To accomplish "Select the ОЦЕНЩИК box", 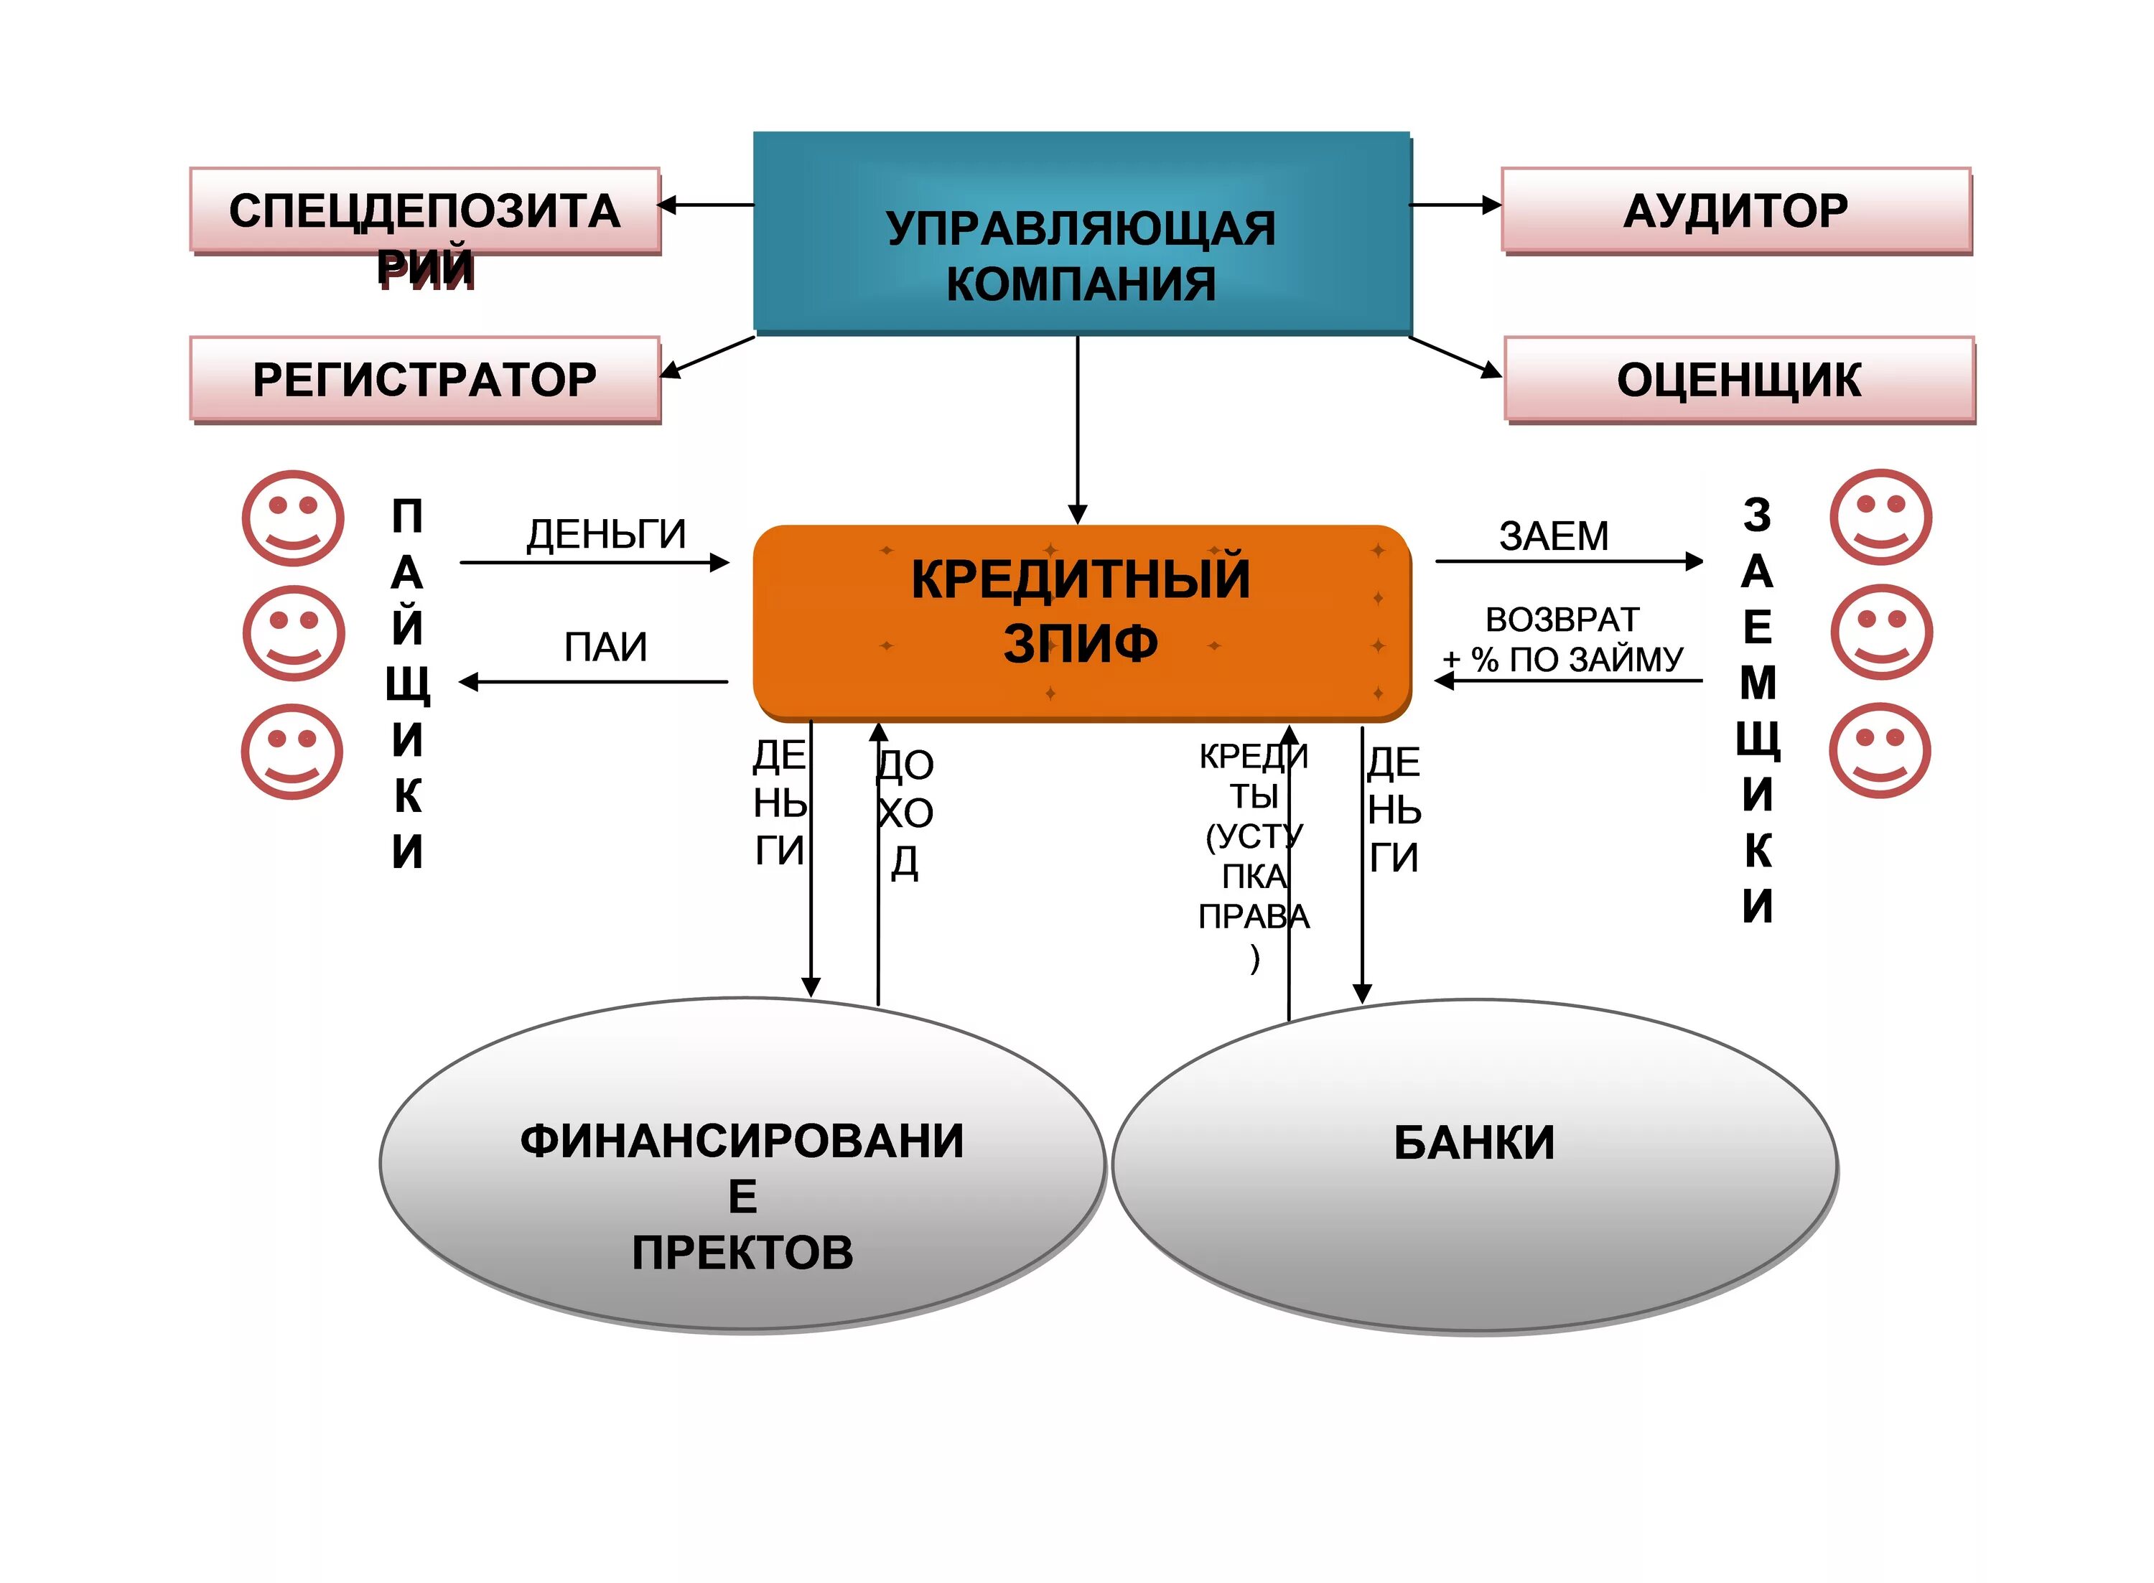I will (x=1738, y=380).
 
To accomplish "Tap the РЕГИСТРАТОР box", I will (x=424, y=380).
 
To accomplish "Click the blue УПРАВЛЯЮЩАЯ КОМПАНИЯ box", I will (x=1081, y=233).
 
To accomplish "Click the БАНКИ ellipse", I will (x=1473, y=1164).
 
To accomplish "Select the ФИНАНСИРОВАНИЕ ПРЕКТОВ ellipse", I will (x=742, y=1164).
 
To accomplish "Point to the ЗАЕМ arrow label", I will (x=1553, y=536).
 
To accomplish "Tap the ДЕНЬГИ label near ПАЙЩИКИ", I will (x=605, y=533).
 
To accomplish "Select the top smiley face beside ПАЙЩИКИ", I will (x=292, y=518).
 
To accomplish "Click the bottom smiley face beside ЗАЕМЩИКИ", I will (x=1879, y=750).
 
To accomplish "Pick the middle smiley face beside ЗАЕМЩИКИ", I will (x=1881, y=633).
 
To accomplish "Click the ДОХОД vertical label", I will (x=905, y=813).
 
